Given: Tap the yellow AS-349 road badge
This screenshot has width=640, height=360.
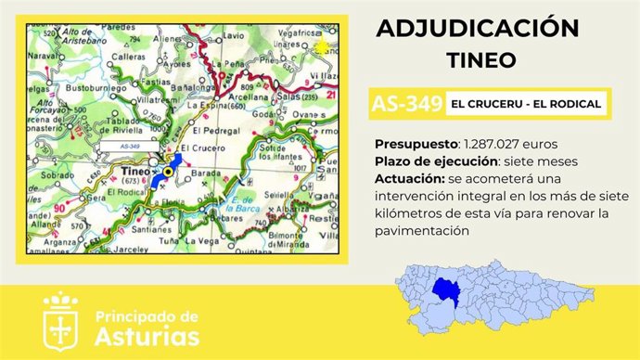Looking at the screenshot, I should [x=403, y=103].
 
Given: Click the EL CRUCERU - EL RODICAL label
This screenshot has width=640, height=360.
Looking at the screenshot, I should [x=526, y=103].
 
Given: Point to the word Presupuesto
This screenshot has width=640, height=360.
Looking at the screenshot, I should [x=416, y=145].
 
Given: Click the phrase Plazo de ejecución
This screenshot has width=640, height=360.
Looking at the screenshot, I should [x=433, y=161].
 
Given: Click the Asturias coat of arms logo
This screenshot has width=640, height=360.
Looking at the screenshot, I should [x=61, y=319].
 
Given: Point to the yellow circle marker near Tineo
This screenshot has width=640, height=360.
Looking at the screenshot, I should [x=169, y=172].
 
